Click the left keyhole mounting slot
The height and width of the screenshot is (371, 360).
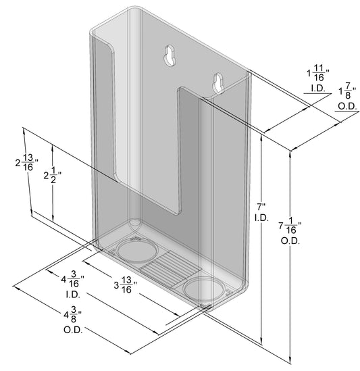170,56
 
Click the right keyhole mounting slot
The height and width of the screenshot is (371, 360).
217,82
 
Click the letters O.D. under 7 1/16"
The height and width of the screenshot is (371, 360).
290,240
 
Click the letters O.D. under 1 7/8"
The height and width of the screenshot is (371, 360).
348,106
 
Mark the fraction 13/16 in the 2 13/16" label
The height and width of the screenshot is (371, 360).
29,164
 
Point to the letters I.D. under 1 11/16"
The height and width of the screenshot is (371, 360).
316,89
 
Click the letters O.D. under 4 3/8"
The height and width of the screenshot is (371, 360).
72,330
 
